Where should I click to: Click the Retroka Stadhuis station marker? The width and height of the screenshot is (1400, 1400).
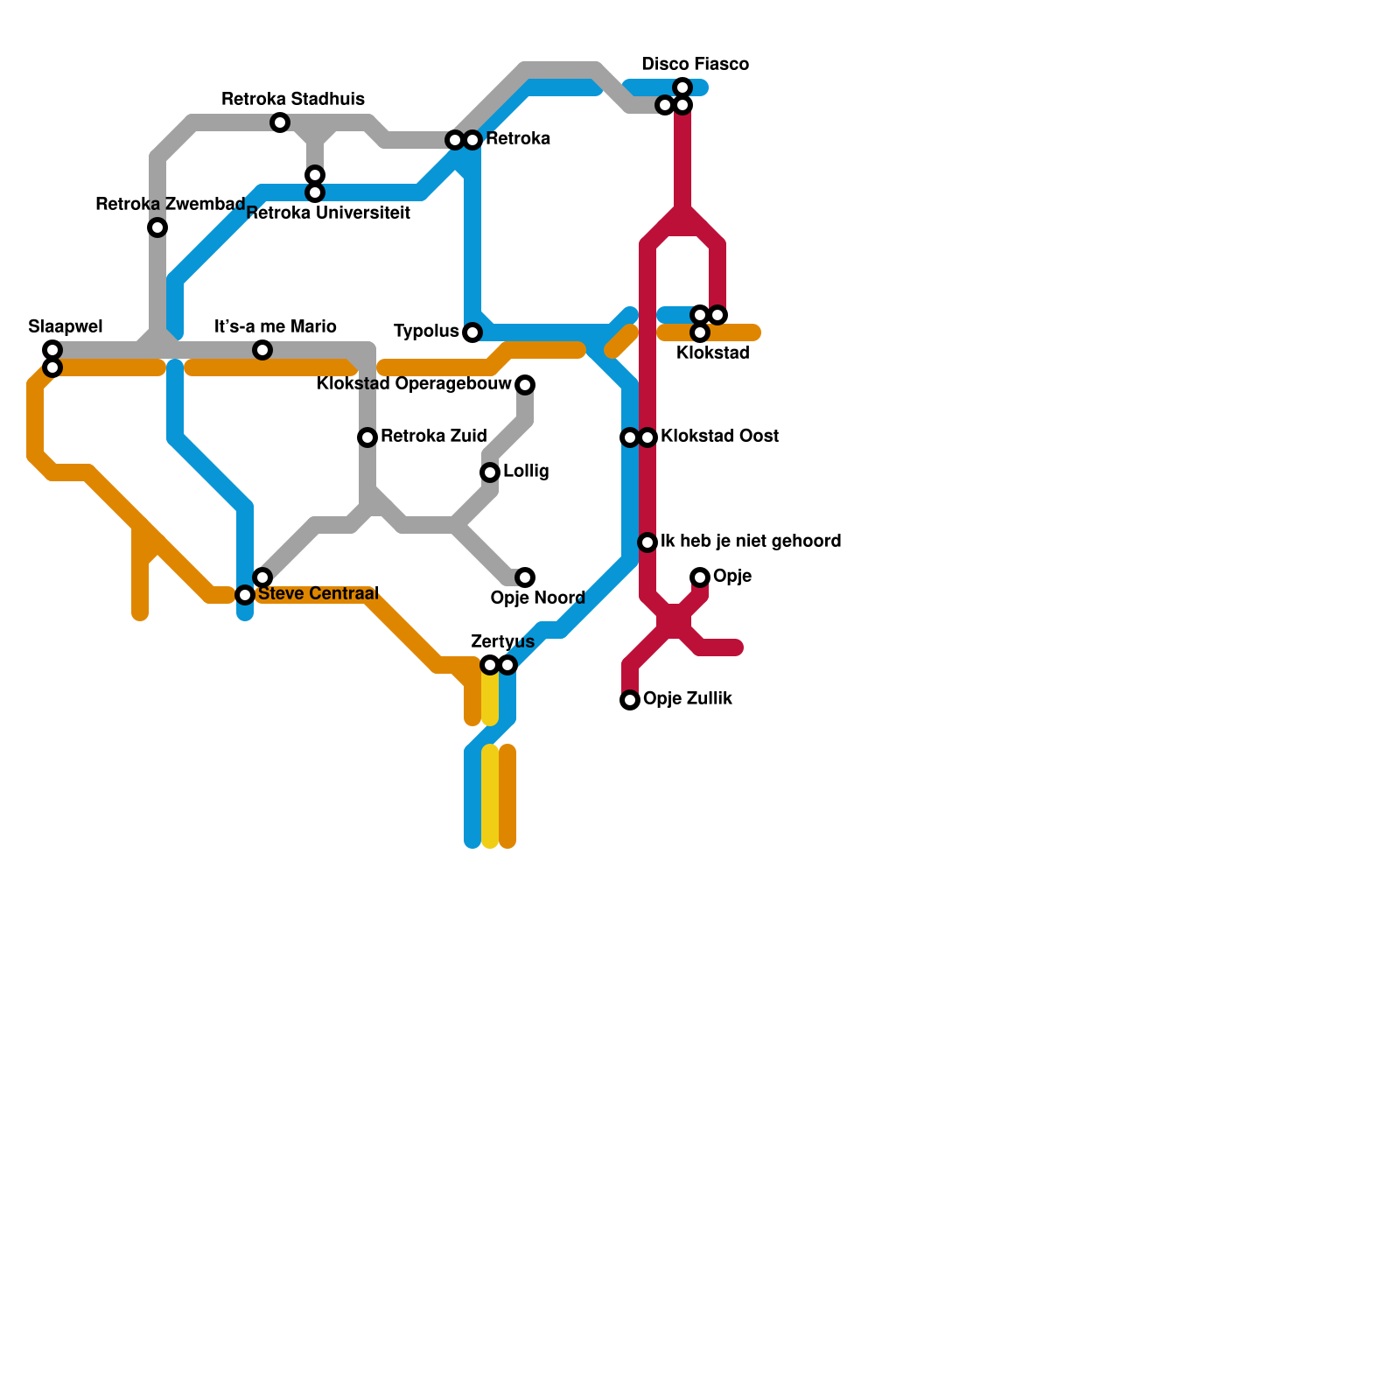click(280, 122)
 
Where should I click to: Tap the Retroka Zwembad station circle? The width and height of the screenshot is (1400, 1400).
click(157, 227)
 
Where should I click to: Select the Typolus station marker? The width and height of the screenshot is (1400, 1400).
click(472, 332)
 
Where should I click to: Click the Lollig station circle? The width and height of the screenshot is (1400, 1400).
click(490, 472)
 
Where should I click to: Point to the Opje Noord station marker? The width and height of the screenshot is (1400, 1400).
click(525, 577)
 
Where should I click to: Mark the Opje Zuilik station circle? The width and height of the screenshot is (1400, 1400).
click(630, 700)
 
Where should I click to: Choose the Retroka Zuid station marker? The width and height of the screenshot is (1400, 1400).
click(367, 437)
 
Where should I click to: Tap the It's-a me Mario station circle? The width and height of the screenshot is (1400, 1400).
click(262, 350)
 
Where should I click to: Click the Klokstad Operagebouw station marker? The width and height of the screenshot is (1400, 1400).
click(525, 385)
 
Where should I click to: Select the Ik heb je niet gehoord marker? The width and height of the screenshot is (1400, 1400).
click(647, 542)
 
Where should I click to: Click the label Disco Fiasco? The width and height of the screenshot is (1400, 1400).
click(695, 65)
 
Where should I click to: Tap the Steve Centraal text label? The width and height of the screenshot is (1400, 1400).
click(318, 594)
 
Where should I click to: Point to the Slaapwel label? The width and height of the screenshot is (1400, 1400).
click(66, 327)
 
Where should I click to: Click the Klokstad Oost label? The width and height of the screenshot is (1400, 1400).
click(719, 437)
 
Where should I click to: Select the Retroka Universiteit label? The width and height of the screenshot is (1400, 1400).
click(329, 213)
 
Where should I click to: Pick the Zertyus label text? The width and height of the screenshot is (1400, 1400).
click(502, 642)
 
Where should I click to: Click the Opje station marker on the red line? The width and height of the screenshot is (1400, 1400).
click(700, 577)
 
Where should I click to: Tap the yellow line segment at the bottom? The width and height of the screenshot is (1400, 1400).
click(490, 796)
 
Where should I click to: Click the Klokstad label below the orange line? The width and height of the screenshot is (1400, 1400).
click(713, 353)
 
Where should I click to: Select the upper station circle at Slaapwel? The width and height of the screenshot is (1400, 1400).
click(52, 350)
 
